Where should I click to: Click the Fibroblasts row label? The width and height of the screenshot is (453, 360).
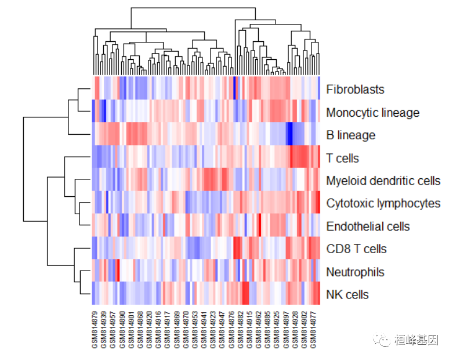[x=355, y=89]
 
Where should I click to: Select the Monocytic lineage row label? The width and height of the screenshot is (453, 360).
[x=372, y=112]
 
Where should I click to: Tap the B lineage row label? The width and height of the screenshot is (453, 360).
[x=350, y=135]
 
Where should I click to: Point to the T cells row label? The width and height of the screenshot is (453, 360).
[x=342, y=158]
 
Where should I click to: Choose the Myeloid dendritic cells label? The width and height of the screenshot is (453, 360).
[x=383, y=181]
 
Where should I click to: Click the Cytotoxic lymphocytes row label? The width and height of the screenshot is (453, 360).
[x=383, y=203]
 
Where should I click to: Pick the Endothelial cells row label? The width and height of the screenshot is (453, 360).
[x=368, y=226]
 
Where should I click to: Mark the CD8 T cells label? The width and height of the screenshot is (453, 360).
[x=356, y=249]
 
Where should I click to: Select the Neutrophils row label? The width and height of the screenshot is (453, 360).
[x=355, y=272]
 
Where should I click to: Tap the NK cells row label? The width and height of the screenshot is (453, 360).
[x=347, y=295]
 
